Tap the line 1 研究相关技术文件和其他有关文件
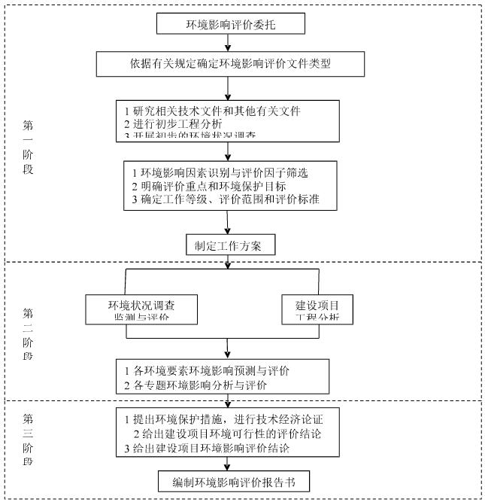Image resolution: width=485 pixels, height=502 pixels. (x=212, y=111)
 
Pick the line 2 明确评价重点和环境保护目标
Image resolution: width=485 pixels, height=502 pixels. (x=208, y=186)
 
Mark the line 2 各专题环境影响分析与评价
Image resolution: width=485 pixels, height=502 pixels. (x=196, y=385)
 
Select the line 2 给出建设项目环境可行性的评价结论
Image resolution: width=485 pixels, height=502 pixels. (x=229, y=433)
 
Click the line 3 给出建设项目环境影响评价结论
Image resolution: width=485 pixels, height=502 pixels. (x=207, y=448)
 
